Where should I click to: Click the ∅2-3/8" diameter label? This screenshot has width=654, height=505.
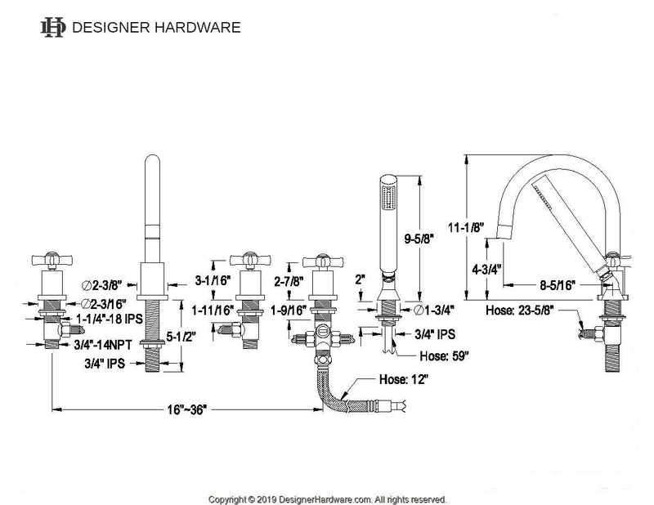click(x=104, y=284)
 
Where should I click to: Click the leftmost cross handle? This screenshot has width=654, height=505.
click(x=56, y=260)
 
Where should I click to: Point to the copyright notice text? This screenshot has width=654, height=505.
click(x=327, y=497)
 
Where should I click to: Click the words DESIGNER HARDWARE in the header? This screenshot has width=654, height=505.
click(x=156, y=27)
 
